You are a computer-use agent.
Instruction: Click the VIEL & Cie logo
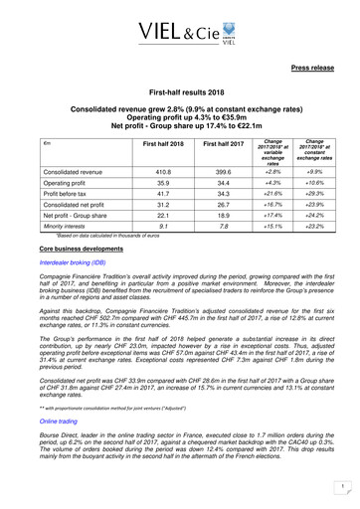(x=181, y=29)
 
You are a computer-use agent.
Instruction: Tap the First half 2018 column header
(x=143, y=145)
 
